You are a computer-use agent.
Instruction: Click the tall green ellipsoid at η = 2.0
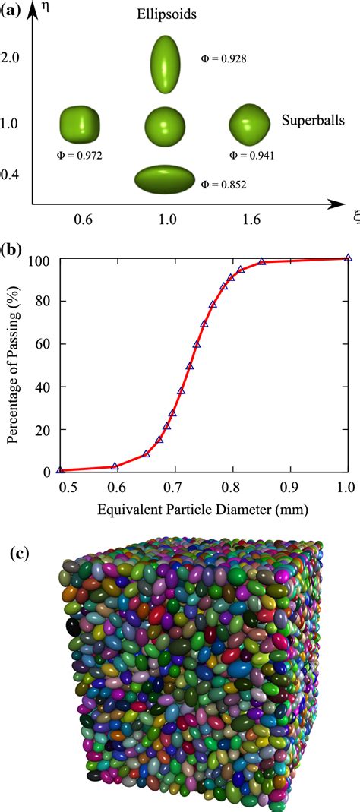coord(164,58)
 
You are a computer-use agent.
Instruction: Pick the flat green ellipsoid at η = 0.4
coord(164,178)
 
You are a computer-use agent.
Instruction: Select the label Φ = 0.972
coord(80,156)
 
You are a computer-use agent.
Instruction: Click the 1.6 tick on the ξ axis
coord(251,220)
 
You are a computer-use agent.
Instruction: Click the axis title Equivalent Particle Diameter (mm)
coord(203,507)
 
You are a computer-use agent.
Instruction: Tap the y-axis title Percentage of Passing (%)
coord(13,365)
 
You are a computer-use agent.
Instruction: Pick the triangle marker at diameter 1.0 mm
coord(348,258)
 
